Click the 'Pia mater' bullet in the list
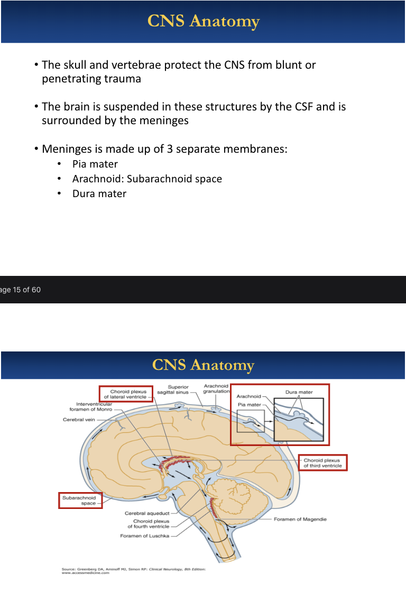[95, 164]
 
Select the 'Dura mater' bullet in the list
[99, 194]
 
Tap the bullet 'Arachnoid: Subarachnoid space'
[147, 179]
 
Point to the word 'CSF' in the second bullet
[301, 107]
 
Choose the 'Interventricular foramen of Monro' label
[90, 406]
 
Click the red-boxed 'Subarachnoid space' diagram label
[80, 501]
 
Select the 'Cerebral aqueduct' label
[147, 513]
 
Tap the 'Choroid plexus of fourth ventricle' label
[149, 524]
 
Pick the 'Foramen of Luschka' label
[145, 536]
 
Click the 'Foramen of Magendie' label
[300, 519]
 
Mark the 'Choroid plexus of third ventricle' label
[322, 463]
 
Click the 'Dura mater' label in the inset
[299, 392]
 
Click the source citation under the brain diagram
[133, 571]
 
